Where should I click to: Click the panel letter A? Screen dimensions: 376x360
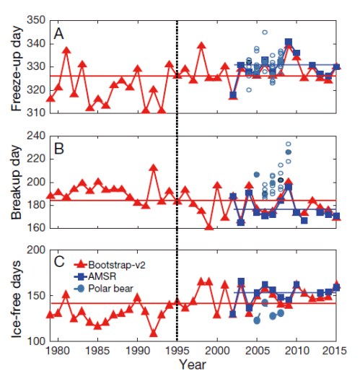pyautogui.click(x=57, y=35)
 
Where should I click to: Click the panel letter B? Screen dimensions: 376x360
pyautogui.click(x=57, y=149)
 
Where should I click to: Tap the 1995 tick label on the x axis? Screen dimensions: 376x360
pyautogui.click(x=177, y=351)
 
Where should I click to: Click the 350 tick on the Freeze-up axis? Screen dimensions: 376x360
pyautogui.click(x=34, y=21)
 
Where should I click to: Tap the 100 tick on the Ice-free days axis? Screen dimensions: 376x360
pyautogui.click(x=34, y=341)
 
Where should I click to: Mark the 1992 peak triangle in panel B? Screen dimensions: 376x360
pyautogui.click(x=154, y=168)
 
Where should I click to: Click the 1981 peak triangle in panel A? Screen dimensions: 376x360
pyautogui.click(x=66, y=51)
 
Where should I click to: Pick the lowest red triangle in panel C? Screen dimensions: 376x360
pyautogui.click(x=154, y=333)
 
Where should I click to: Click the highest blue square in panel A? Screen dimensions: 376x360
pyautogui.click(x=288, y=43)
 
